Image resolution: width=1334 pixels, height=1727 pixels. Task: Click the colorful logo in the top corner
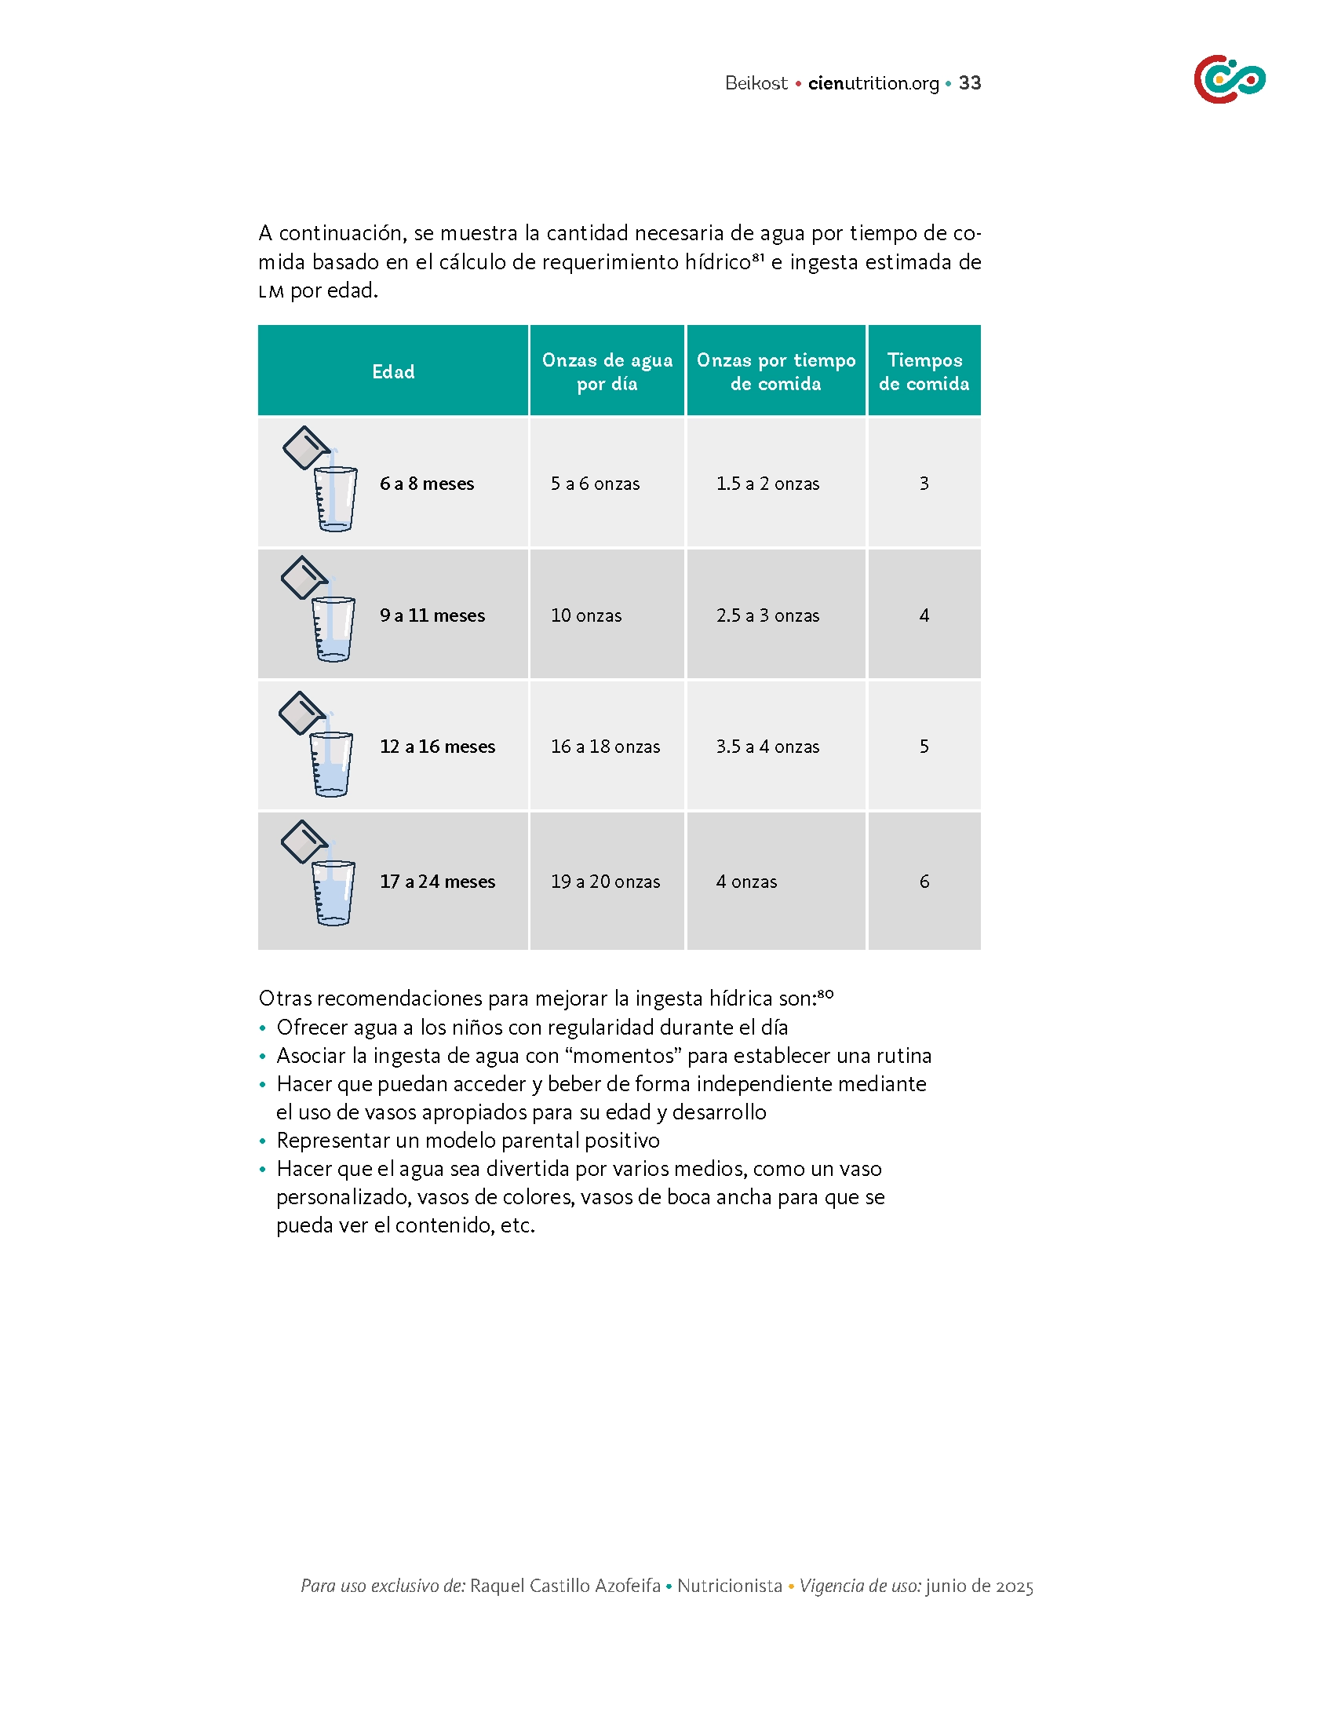[x=1229, y=79]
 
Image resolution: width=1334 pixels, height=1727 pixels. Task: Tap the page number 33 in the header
[x=970, y=83]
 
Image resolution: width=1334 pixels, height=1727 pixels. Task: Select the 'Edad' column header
[x=393, y=371]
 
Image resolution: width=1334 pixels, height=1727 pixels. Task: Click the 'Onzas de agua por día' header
[x=607, y=371]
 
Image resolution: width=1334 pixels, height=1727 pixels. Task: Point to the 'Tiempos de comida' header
[x=924, y=371]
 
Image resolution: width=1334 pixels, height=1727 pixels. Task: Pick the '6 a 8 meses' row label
[x=427, y=483]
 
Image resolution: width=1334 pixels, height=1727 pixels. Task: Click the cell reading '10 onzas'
[x=585, y=615]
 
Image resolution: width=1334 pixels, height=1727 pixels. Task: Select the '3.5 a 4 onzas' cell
[x=767, y=747]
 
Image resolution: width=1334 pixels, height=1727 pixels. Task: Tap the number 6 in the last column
[x=924, y=881]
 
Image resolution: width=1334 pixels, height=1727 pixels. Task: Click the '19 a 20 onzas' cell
[x=604, y=881]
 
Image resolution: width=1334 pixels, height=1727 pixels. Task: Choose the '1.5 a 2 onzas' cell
[x=767, y=483]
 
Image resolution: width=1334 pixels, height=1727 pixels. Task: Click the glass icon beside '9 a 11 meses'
[x=320, y=611]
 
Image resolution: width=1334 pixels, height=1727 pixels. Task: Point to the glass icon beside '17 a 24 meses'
[x=320, y=874]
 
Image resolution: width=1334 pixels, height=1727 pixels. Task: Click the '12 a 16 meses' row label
[x=437, y=747]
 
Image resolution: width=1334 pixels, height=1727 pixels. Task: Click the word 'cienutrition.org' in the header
[x=873, y=83]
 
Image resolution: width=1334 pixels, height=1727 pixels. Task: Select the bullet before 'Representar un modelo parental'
[x=263, y=1142]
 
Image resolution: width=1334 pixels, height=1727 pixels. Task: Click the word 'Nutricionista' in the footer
[x=730, y=1586]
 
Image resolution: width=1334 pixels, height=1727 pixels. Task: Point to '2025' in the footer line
[x=1014, y=1586]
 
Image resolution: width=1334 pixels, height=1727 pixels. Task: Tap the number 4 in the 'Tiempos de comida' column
[x=924, y=615]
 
